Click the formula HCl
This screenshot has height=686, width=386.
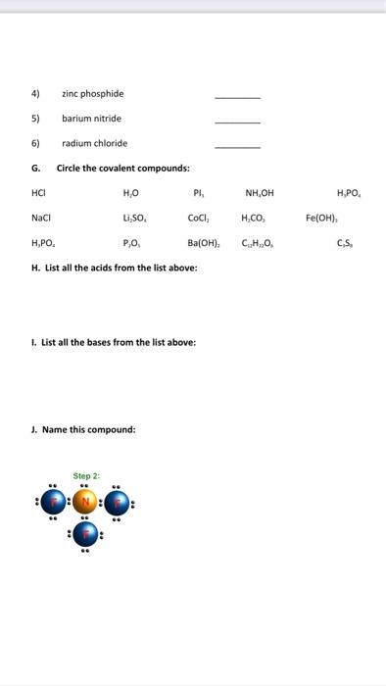[39, 193]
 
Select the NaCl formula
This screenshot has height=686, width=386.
[40, 219]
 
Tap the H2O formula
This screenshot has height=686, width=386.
[130, 193]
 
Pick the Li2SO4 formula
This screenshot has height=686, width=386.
[134, 219]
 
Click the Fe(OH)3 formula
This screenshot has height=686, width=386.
[320, 219]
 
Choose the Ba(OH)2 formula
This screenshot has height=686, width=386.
[201, 244]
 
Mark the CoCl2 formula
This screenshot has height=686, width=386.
[198, 219]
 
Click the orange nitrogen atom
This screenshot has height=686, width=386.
[85, 503]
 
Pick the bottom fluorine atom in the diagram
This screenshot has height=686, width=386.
[85, 535]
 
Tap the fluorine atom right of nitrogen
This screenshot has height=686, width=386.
[118, 503]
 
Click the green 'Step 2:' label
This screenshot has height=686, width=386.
[85, 475]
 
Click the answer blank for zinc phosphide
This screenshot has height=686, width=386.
[238, 97]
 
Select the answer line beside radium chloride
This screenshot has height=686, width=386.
[238, 146]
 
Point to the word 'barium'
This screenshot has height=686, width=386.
[74, 119]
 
